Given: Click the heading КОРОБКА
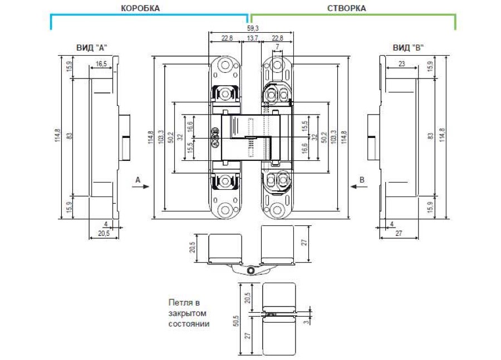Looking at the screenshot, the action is pyautogui.click(x=140, y=8).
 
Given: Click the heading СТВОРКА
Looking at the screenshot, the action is pyautogui.click(x=346, y=8).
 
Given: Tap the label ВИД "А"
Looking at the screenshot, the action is pyautogui.click(x=92, y=48).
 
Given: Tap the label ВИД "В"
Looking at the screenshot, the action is pyautogui.click(x=408, y=48).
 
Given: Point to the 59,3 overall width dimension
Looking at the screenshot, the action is pyautogui.click(x=253, y=28).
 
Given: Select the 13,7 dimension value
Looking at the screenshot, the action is pyautogui.click(x=252, y=38).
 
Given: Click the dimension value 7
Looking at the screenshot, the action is pyautogui.click(x=277, y=47).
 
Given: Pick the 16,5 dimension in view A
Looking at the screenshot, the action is pyautogui.click(x=101, y=64).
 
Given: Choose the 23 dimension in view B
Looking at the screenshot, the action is pyautogui.click(x=401, y=63).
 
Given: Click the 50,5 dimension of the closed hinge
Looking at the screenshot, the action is pyautogui.click(x=236, y=320).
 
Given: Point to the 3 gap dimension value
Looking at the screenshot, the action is pyautogui.click(x=307, y=322).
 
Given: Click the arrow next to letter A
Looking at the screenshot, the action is pyautogui.click(x=141, y=186).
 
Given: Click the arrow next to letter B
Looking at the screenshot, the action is pyautogui.click(x=359, y=186).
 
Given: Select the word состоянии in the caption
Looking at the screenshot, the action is pyautogui.click(x=189, y=324).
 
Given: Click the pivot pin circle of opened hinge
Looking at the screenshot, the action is pyautogui.click(x=251, y=271).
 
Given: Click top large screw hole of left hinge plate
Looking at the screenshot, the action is pyautogui.click(x=225, y=65).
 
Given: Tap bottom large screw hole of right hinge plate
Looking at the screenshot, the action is pyautogui.click(x=277, y=210).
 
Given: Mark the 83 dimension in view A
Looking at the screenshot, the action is pyautogui.click(x=70, y=136).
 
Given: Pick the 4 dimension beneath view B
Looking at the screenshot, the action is pyautogui.click(x=392, y=224).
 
